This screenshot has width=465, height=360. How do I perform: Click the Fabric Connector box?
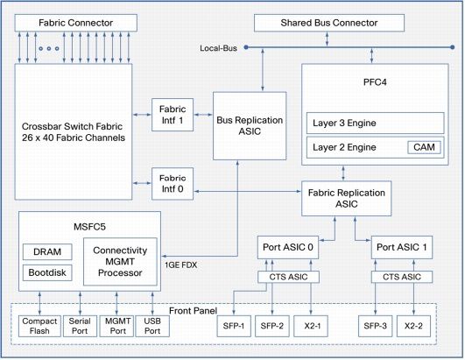(76, 23)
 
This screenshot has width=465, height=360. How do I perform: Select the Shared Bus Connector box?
(329, 23)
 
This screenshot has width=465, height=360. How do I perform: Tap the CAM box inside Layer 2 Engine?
(424, 147)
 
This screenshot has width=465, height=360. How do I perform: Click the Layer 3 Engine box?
(375, 123)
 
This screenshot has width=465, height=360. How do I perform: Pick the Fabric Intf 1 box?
(173, 115)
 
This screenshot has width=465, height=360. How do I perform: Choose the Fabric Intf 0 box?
(173, 184)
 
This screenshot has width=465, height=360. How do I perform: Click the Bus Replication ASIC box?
(250, 126)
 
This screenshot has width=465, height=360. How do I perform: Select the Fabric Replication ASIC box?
(347, 198)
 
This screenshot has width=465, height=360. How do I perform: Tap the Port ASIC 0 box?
(288, 247)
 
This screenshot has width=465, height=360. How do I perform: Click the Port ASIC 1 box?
(402, 247)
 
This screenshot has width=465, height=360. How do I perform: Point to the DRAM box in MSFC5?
(47, 251)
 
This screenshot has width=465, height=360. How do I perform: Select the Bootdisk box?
(47, 272)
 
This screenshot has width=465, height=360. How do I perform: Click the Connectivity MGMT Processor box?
(120, 262)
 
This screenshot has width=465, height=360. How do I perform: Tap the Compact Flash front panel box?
(39, 326)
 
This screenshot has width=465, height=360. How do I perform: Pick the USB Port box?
(152, 326)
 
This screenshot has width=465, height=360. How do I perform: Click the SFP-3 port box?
(375, 326)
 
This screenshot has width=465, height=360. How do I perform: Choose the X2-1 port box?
(311, 326)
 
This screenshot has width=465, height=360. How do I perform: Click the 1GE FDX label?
(181, 265)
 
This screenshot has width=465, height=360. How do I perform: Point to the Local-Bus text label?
(218, 48)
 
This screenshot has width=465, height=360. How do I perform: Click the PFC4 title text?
(375, 82)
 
